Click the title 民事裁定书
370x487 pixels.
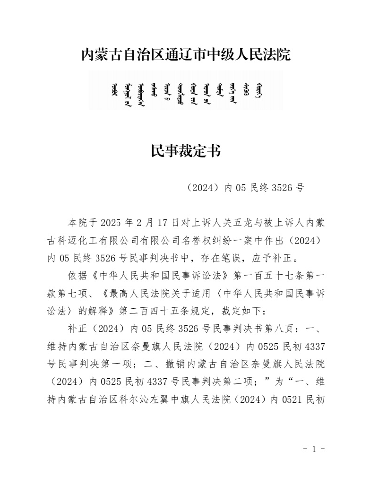(x=185, y=151)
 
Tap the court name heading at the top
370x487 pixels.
(x=185, y=55)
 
